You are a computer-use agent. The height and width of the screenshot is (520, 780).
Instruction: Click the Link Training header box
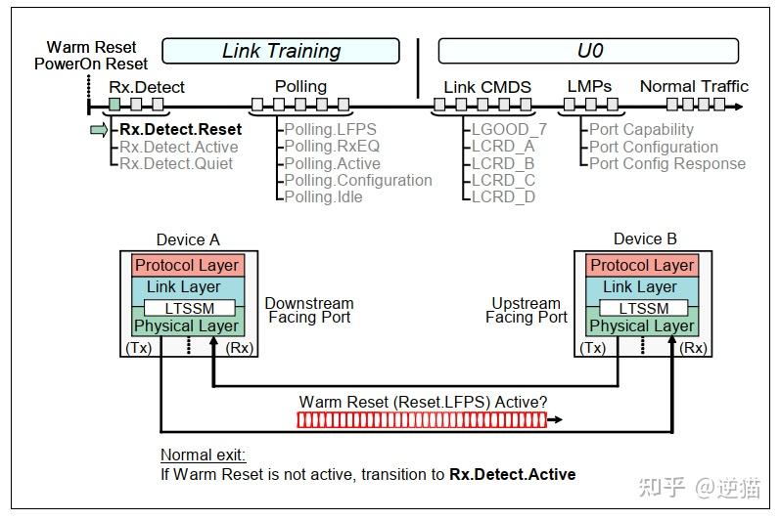pos(280,51)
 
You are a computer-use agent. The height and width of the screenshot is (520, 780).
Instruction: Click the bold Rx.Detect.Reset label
pos(180,129)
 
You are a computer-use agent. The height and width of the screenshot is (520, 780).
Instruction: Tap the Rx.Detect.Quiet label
pos(176,163)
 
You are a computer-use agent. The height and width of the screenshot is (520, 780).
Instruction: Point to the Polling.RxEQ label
pos(332,147)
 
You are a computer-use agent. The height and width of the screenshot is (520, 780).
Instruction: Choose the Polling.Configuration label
pos(358,180)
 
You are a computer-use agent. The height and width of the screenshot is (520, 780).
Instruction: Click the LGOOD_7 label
pos(509,129)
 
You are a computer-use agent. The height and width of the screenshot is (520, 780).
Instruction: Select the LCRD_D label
pos(503,196)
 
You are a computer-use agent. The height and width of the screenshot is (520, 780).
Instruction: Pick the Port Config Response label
pos(667,163)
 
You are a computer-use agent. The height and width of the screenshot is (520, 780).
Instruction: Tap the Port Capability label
pos(641,129)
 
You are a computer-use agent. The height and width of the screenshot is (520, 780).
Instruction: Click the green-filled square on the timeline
pos(115,104)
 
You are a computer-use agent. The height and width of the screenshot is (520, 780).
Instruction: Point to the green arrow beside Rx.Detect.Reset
pos(99,129)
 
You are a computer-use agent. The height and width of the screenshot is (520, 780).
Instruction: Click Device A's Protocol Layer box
pos(186,266)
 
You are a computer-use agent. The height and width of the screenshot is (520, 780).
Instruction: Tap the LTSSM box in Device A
pos(186,308)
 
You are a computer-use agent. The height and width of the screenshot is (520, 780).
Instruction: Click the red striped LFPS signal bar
pos(421,420)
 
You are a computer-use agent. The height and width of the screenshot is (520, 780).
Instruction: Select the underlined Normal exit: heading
pos(204,455)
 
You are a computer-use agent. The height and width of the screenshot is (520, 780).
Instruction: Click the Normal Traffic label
pos(694,86)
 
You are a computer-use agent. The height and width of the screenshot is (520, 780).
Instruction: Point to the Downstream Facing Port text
pos(309,310)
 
